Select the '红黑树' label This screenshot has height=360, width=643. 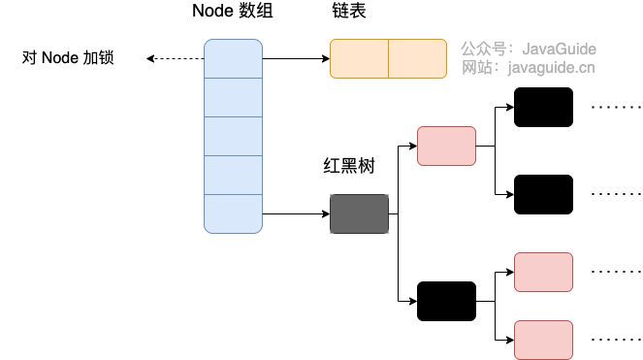pyautogui.click(x=349, y=166)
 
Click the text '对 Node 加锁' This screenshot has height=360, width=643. pyautogui.click(x=68, y=58)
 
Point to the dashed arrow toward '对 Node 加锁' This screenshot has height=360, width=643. pyautogui.click(x=175, y=58)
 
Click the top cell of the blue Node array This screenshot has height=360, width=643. pyautogui.click(x=233, y=58)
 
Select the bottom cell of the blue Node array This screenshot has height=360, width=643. pyautogui.click(x=233, y=213)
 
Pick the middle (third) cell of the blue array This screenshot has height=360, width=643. pyautogui.click(x=233, y=136)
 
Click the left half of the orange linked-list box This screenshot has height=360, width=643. pyautogui.click(x=359, y=58)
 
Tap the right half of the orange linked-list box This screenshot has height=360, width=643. pyautogui.click(x=417, y=58)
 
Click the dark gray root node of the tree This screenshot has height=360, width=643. pyautogui.click(x=359, y=213)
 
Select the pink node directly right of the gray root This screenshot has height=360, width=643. pyautogui.click(x=446, y=146)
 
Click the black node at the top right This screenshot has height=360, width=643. pyautogui.click(x=543, y=107)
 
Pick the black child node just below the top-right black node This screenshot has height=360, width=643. pyautogui.click(x=543, y=194)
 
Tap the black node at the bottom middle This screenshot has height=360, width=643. pyautogui.click(x=446, y=301)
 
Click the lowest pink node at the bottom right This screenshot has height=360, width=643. pyautogui.click(x=543, y=340)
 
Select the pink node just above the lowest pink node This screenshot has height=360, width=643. pyautogui.click(x=543, y=272)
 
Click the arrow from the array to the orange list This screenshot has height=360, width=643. pyautogui.click(x=296, y=58)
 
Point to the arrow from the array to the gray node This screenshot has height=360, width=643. pyautogui.click(x=296, y=213)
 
